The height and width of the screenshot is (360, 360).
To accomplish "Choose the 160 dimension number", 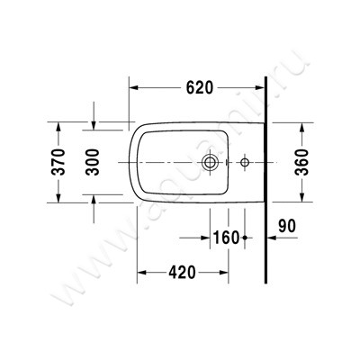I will pyautogui.click(x=226, y=238).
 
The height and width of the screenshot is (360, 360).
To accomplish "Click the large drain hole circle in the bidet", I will pyautogui.click(x=211, y=164).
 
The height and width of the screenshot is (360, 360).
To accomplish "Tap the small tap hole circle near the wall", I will pyautogui.click(x=245, y=164).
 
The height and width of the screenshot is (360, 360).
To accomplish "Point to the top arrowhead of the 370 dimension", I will pyautogui.click(x=60, y=125).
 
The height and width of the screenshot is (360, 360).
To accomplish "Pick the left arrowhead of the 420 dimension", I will pyautogui.click(x=140, y=272).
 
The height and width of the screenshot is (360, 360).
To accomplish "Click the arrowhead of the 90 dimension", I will pyautogui.click(x=271, y=238).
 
